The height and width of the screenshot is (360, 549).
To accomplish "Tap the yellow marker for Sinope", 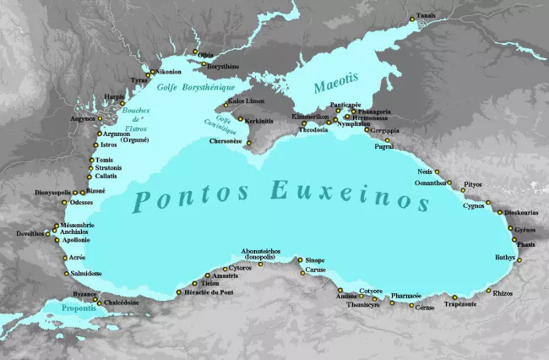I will pyautogui.click(x=300, y=260).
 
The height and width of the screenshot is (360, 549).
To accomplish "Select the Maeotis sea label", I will pyautogui.click(x=335, y=85).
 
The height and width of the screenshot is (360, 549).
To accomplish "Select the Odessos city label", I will pyautogui.click(x=82, y=203).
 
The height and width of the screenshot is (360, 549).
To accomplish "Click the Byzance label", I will pyautogui.click(x=84, y=294).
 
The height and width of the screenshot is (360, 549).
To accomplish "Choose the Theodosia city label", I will pyautogui.click(x=313, y=131).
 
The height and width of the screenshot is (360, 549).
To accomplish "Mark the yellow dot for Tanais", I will pyautogui.click(x=411, y=19).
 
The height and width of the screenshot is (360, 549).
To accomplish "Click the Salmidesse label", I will pyautogui.click(x=86, y=274).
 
